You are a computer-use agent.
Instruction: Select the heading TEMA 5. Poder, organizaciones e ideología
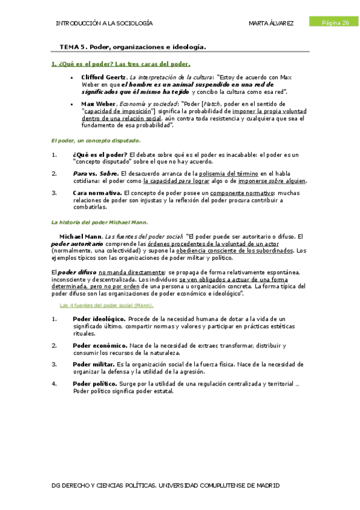[133, 46]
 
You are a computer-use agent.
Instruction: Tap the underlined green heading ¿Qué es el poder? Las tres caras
[121, 64]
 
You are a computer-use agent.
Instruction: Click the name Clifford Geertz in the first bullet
[103, 78]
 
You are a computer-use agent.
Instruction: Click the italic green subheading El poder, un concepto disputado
[96, 140]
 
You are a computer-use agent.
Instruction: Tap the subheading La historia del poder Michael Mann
[100, 222]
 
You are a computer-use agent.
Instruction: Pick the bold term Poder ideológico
[99, 319]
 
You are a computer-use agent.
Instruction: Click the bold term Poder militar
[94, 364]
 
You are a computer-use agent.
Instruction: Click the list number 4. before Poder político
[54, 383]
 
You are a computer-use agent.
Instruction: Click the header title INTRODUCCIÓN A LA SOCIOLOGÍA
[104, 23]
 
